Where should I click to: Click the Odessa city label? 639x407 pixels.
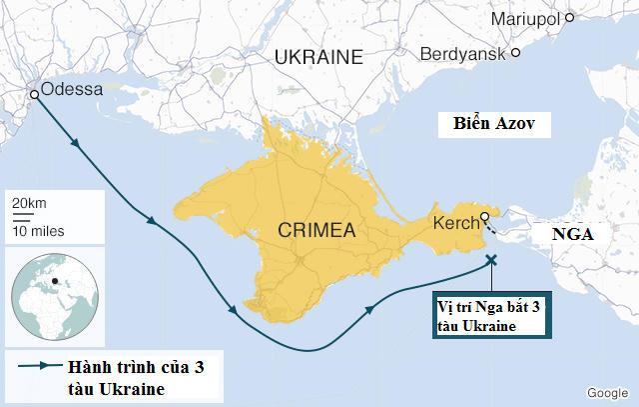click(x=72, y=90)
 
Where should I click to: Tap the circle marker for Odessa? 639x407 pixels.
click(x=34, y=94)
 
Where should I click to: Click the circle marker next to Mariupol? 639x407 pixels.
click(x=570, y=17)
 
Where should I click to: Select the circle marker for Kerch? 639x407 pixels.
click(x=484, y=217)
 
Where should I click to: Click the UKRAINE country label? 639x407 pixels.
click(x=318, y=57)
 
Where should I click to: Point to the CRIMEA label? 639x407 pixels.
click(x=317, y=231)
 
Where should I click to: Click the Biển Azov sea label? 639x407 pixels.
click(x=494, y=125)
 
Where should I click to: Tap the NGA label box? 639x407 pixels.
click(x=572, y=237)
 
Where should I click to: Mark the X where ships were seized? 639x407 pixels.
click(x=490, y=260)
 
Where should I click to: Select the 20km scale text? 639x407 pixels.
click(x=29, y=203)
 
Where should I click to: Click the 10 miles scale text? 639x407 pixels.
click(x=37, y=231)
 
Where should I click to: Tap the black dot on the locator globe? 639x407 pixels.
click(x=55, y=280)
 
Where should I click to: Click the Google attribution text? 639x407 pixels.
click(x=607, y=392)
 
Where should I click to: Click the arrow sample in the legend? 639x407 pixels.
click(x=33, y=366)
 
